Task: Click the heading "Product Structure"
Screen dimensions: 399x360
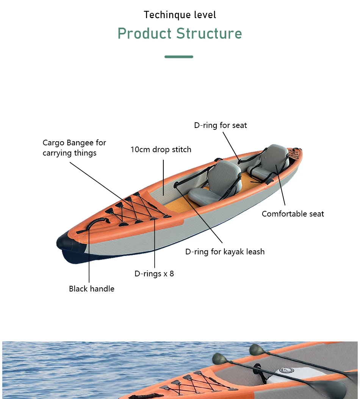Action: [180, 34]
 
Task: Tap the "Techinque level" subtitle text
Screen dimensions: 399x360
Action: [180, 15]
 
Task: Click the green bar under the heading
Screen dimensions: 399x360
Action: [179, 57]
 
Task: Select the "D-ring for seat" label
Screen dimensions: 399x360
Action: [220, 125]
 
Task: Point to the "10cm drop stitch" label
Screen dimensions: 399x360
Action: [161, 150]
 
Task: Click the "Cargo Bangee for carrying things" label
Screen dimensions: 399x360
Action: [74, 148]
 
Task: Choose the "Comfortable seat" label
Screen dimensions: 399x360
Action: [293, 214]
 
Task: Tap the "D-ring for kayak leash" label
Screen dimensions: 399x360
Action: [225, 252]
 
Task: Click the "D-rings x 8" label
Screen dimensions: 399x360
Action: [154, 273]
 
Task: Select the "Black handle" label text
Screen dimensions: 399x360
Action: [91, 289]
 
